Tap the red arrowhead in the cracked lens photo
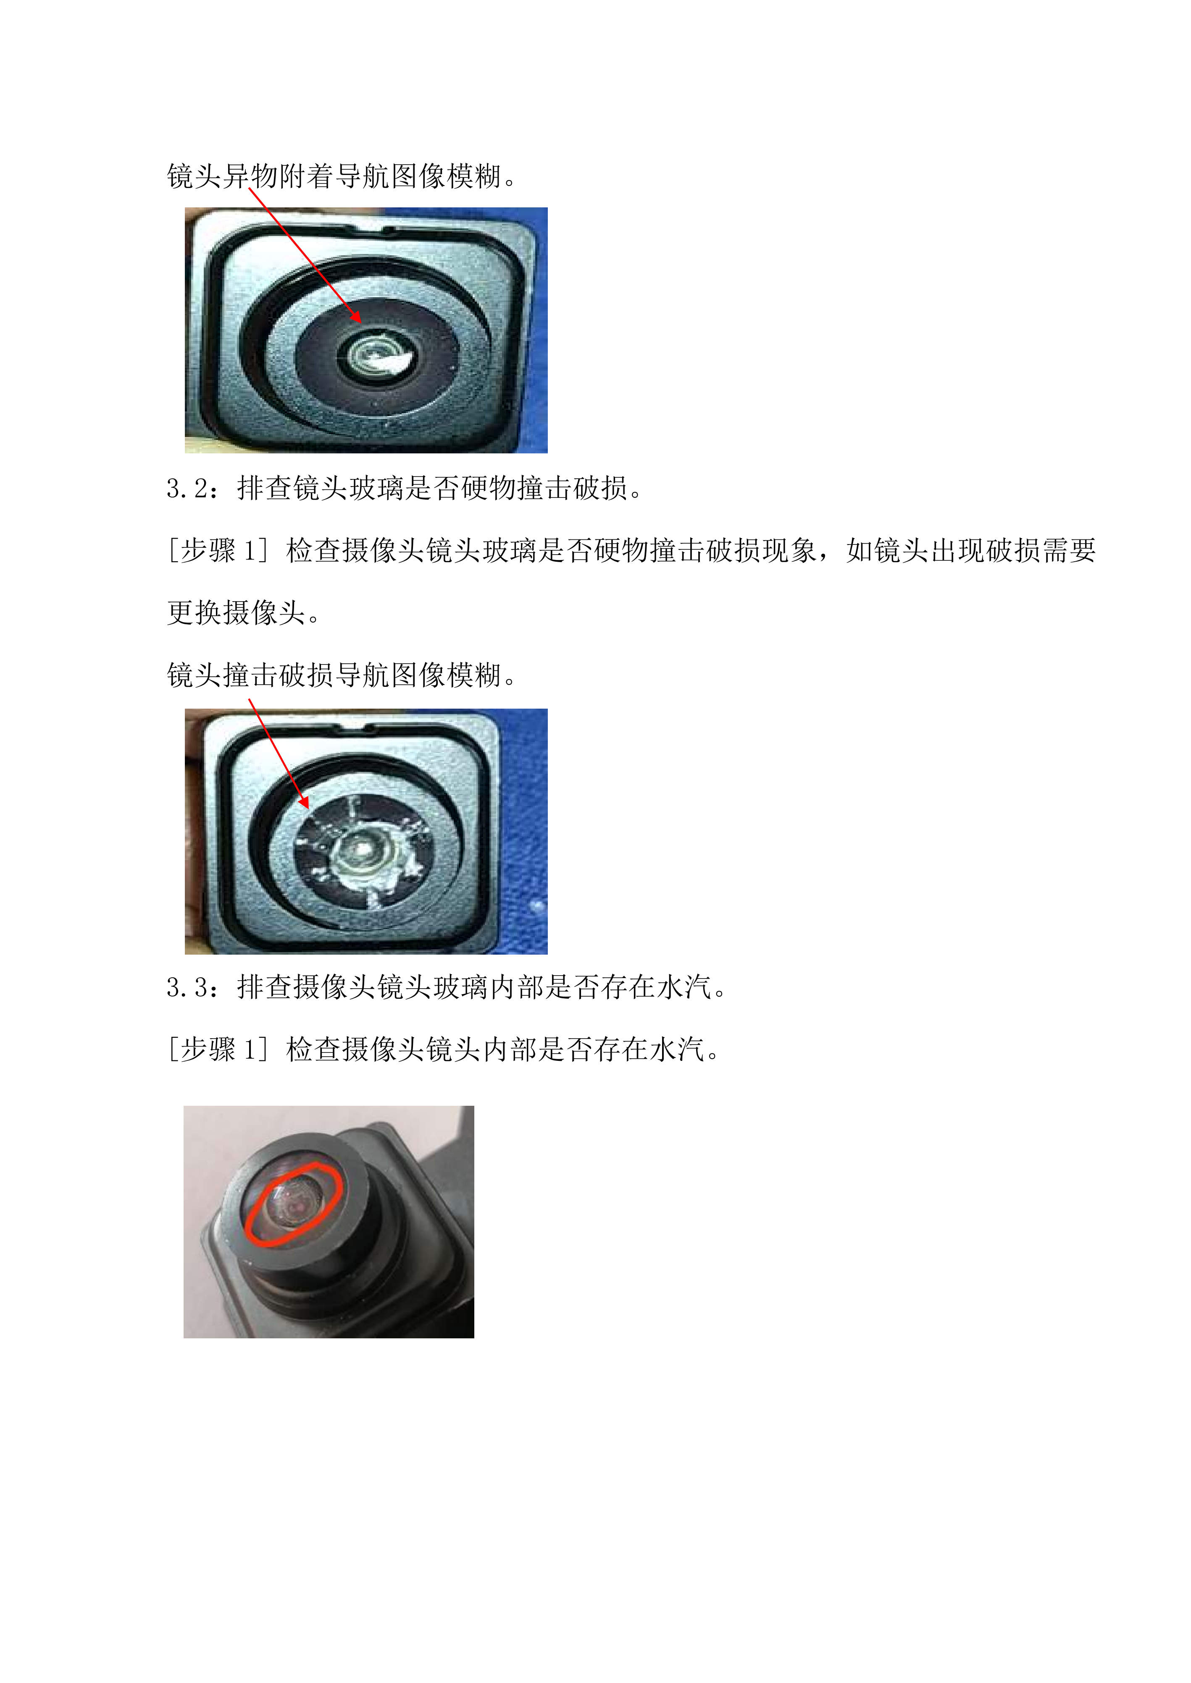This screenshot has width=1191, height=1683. tap(304, 803)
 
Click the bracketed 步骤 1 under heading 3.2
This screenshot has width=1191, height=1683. tap(218, 550)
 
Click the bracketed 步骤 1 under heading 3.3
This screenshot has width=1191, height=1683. tap(218, 1050)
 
